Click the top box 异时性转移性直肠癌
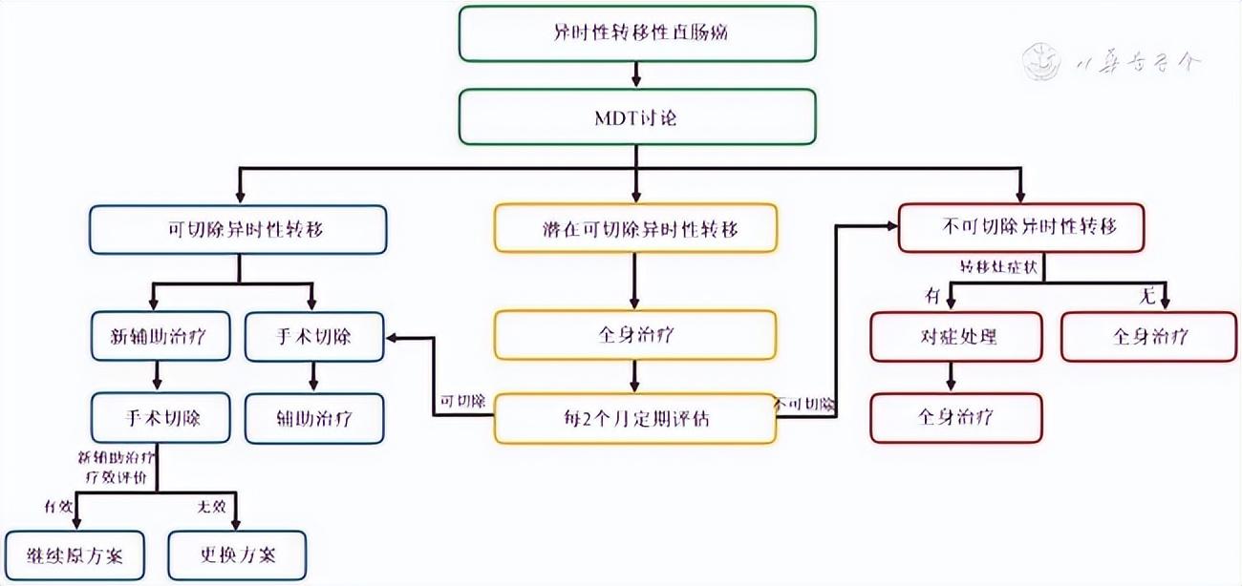pyautogui.click(x=637, y=32)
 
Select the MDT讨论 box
pyautogui.click(x=637, y=116)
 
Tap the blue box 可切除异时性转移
pyautogui.click(x=238, y=229)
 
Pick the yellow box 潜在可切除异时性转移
pyautogui.click(x=635, y=229)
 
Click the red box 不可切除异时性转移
pyautogui.click(x=1021, y=227)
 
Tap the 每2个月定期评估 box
pyautogui.click(x=635, y=418)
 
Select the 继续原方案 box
pyautogui.click(x=75, y=555)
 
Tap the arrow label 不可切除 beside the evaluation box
pyautogui.click(x=804, y=404)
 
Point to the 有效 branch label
pyautogui.click(x=58, y=506)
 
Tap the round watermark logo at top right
pyautogui.click(x=1040, y=62)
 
